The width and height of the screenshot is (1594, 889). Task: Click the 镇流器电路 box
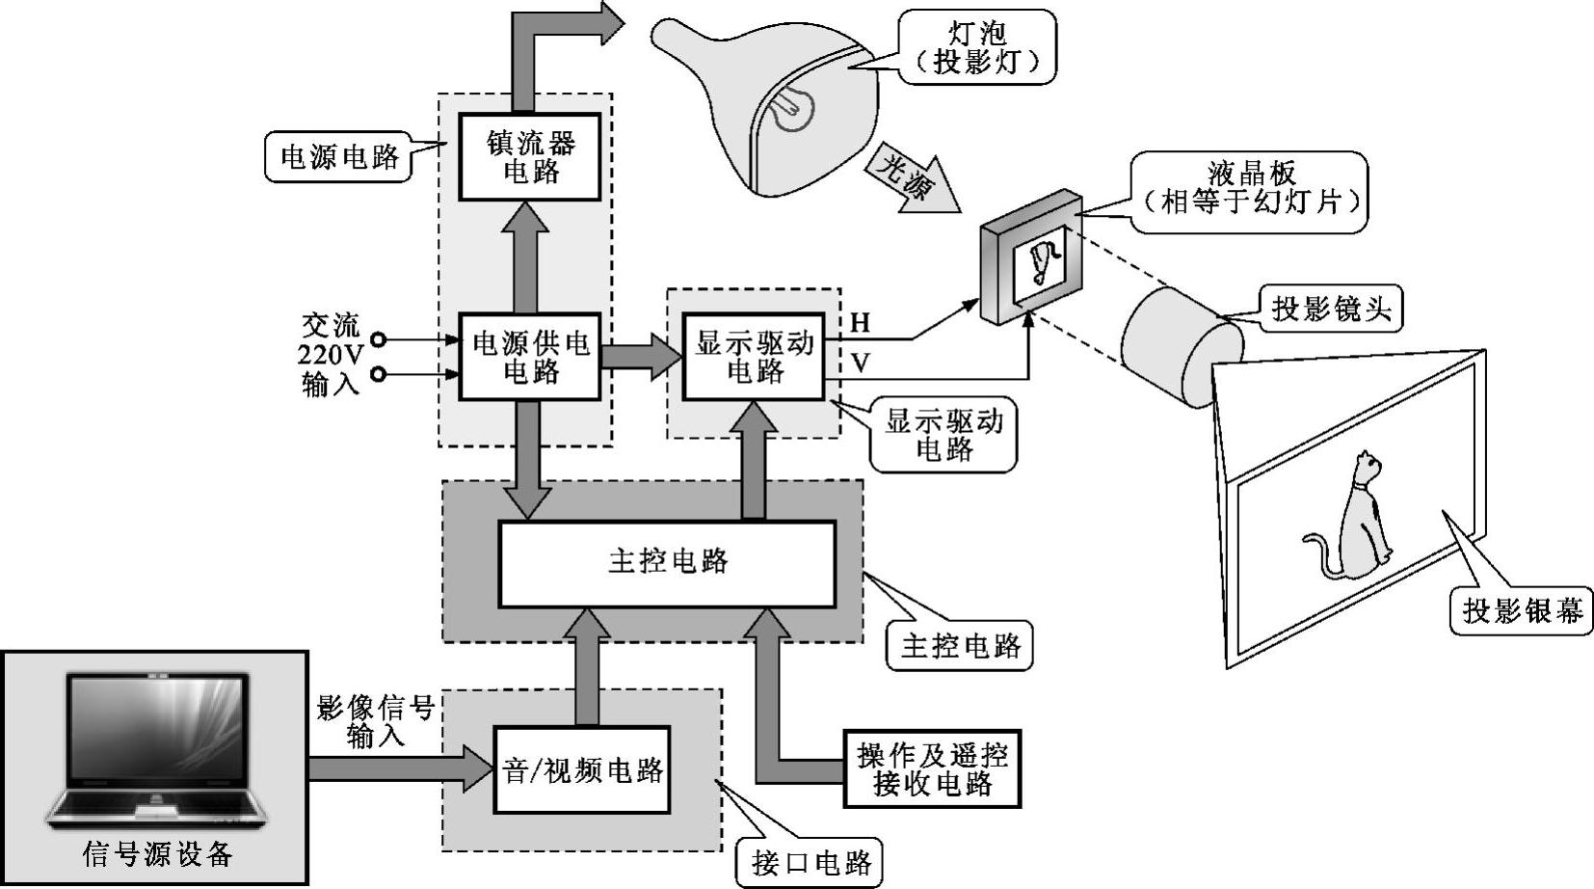[x=530, y=157]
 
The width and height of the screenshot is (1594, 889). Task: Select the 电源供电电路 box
[x=530, y=357]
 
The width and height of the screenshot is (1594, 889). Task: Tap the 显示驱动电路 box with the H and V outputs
[x=754, y=357]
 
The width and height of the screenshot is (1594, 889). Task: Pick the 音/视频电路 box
[x=582, y=770]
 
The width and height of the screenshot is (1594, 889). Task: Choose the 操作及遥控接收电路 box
[x=931, y=768]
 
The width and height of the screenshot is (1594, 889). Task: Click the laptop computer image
[x=154, y=752]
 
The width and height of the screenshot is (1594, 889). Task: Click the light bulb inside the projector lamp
[x=793, y=108]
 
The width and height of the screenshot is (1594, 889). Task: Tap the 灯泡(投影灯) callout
[x=976, y=47]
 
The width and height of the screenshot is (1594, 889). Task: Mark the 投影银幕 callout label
[x=1522, y=610]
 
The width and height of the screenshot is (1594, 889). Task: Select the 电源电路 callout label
[x=338, y=157]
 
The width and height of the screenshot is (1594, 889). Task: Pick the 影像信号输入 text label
[x=375, y=722]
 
